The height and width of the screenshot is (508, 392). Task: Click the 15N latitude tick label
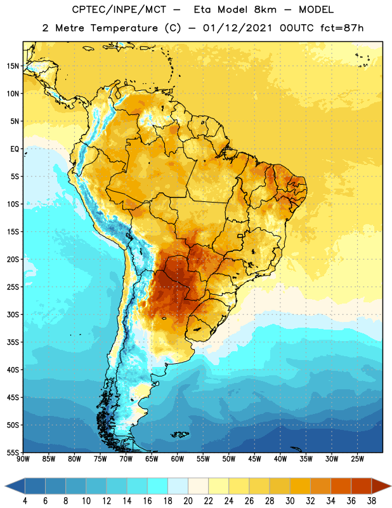13,66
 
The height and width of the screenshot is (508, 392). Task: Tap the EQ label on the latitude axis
15,149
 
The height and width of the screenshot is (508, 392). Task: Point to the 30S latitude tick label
13,314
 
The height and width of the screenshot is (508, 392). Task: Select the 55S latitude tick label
13,453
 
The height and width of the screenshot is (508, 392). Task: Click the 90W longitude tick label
23,459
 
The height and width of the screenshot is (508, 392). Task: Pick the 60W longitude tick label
178,459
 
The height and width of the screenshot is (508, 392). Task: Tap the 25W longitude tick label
357,459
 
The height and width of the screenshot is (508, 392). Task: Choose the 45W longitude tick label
254,459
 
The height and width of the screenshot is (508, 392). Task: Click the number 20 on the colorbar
188,501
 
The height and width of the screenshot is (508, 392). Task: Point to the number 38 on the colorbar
371,501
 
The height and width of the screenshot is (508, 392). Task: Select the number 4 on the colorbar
25,501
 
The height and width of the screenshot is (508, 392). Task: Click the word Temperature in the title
124,28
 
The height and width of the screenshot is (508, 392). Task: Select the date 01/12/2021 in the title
238,28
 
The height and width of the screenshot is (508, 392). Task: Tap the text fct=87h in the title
342,28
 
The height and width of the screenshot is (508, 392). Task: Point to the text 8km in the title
265,10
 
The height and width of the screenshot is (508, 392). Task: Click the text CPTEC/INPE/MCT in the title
119,10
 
